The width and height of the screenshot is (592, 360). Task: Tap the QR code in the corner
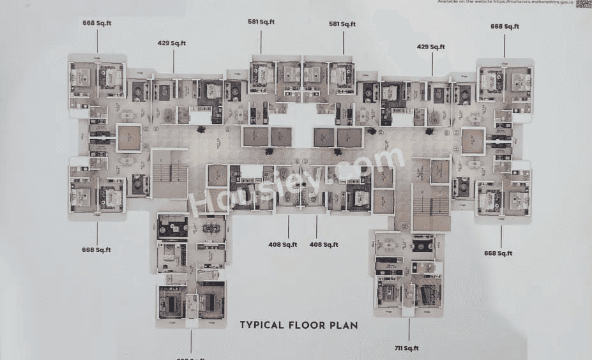584,3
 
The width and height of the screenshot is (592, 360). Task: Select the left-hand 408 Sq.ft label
283,244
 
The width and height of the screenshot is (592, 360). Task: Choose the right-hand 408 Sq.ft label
323,244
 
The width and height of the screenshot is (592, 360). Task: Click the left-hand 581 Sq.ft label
261,22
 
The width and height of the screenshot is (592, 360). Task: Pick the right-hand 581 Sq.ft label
342,24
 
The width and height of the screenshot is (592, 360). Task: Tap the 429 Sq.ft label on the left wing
172,43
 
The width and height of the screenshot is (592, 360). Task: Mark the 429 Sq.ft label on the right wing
431,47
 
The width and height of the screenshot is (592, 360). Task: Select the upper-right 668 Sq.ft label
505,26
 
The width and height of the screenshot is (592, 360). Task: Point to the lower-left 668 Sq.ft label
96,250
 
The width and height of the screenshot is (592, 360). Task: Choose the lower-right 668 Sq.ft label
499,253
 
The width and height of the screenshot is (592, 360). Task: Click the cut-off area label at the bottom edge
190,357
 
